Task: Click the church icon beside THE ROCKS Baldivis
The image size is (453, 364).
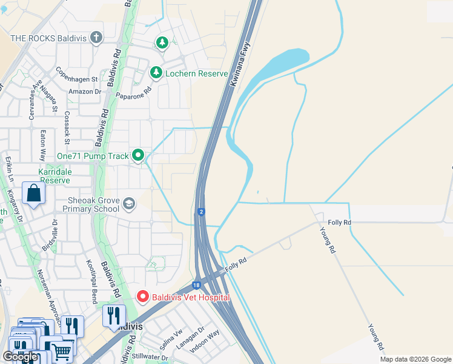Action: click(96, 38)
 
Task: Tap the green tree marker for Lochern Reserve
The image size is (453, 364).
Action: click(156, 73)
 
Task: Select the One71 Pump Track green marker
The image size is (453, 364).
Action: click(138, 156)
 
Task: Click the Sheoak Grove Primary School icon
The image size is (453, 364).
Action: click(128, 203)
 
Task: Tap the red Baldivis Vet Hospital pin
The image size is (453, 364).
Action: click(143, 297)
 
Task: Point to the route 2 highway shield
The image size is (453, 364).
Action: click(200, 212)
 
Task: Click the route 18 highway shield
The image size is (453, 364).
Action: click(197, 285)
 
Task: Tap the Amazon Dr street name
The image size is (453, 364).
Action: click(84, 92)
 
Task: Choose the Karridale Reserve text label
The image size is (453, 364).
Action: click(55, 176)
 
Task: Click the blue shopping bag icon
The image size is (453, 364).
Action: click(33, 194)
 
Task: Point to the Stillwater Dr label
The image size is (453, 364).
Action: click(147, 357)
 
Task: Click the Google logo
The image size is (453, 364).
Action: click(21, 357)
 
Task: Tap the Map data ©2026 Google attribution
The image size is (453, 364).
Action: click(415, 359)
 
